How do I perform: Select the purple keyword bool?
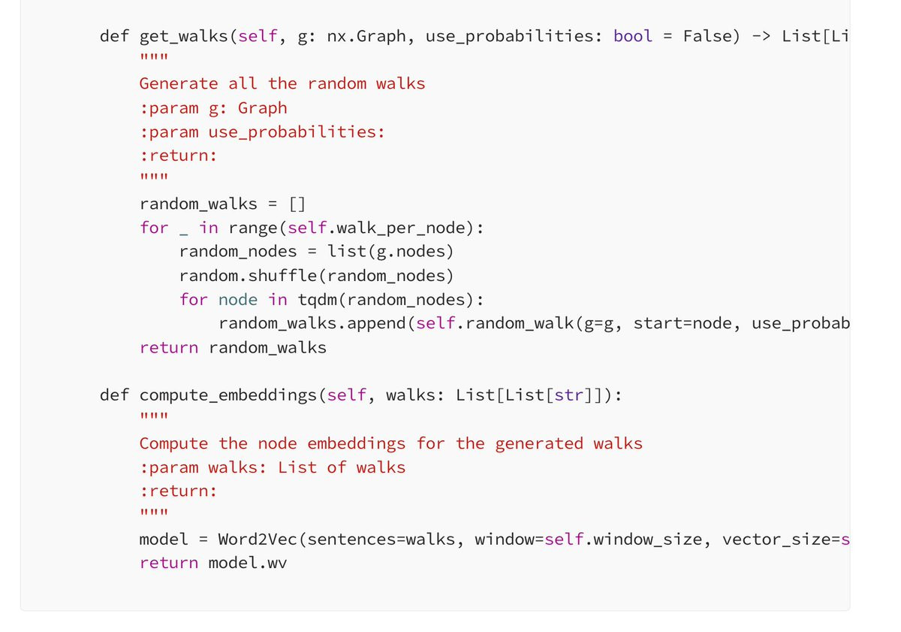click(633, 36)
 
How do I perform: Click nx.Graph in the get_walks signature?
click(366, 36)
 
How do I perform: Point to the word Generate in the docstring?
click(179, 83)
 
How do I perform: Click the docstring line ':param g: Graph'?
click(213, 109)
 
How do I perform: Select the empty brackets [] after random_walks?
click(297, 204)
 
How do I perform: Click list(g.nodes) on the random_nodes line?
click(390, 252)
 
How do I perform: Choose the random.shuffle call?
click(317, 276)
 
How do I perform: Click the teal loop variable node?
click(238, 300)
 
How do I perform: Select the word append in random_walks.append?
click(376, 324)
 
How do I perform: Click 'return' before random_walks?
click(169, 347)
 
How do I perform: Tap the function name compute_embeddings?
click(228, 395)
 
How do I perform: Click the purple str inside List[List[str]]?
click(569, 395)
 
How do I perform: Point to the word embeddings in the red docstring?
click(357, 443)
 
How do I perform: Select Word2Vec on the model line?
click(258, 540)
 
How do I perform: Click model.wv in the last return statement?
click(248, 563)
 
